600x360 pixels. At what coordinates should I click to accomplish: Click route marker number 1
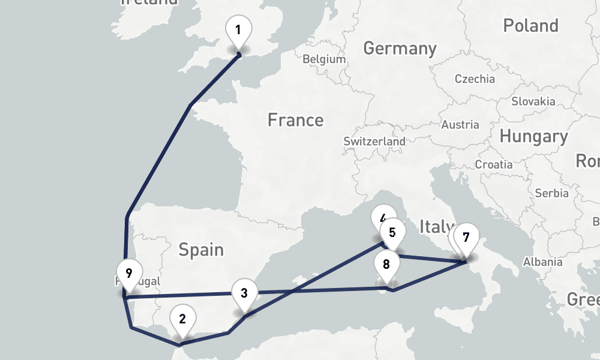pos(238,29)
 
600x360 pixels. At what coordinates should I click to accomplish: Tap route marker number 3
pos(244,293)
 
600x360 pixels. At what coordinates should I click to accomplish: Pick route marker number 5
pos(392,232)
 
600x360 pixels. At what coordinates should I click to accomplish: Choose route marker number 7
pos(466,237)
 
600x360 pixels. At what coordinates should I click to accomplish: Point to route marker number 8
pos(386,264)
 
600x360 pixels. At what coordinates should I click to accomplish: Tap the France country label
pos(295,120)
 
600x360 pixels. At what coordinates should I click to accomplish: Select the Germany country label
pos(400,48)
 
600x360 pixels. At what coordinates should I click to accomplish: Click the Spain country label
pos(201,249)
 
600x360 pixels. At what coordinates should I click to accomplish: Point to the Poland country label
pos(530,26)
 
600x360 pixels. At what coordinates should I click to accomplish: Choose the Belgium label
pos(324,59)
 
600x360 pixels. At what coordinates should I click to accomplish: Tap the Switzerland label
pos(374,142)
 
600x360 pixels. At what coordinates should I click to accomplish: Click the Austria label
pos(460,125)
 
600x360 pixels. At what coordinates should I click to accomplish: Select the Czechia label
pos(475,79)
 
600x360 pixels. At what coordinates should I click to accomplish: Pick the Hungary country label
pos(533,137)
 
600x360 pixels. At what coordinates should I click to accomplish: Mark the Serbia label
pos(551,193)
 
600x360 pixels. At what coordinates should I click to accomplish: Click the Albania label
pos(542,262)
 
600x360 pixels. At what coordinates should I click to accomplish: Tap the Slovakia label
pos(533,101)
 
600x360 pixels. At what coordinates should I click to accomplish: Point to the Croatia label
pos(494,164)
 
